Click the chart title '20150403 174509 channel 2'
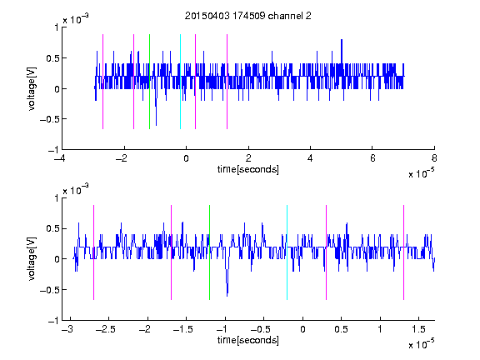tap(248, 16)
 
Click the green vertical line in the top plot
tap(149, 82)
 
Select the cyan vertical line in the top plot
tap(180, 82)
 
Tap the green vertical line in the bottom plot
tap(210, 252)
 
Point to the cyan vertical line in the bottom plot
tap(287, 252)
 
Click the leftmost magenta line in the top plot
tap(102, 82)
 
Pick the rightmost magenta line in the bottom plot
tap(404, 252)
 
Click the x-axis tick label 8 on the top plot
tap(434, 158)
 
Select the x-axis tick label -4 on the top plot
tap(61, 158)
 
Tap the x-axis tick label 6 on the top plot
tap(372, 158)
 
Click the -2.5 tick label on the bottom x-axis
tap(105, 329)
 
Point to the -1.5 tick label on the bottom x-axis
tap(182, 329)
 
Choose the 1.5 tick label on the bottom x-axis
tap(418, 329)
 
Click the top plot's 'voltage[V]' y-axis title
tap(32, 89)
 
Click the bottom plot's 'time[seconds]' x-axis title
tap(248, 340)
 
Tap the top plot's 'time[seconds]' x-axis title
tap(248, 169)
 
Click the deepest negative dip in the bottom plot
tap(227, 294)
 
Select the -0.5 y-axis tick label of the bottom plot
tap(48, 290)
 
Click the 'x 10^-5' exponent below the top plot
tap(421, 173)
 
